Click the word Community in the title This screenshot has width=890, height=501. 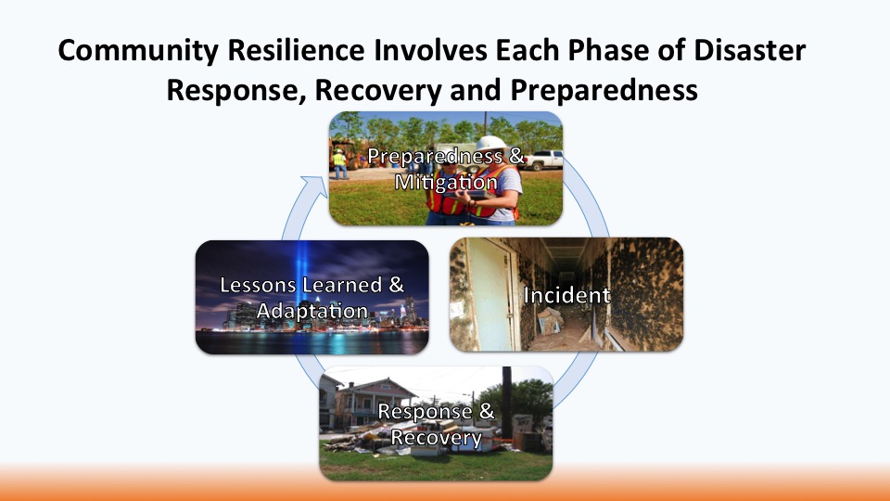point(138,51)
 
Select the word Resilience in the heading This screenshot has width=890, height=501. point(297,50)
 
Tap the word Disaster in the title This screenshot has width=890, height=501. point(749,50)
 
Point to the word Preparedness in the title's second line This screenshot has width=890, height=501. point(604,90)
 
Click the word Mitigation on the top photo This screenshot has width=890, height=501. point(446,183)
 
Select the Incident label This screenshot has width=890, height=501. point(566,295)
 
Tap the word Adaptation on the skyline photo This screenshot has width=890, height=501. point(312,312)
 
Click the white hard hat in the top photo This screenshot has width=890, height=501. point(490,143)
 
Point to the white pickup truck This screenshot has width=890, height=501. point(542,161)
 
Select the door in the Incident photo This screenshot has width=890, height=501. point(489,294)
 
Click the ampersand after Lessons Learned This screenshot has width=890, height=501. point(396,285)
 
